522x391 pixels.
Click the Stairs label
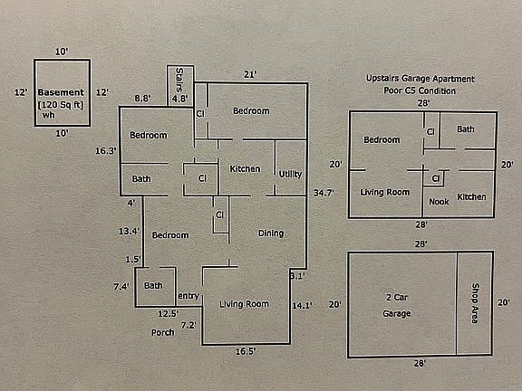[179, 80]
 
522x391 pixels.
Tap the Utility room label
[290, 174]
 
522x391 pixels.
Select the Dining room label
[271, 234]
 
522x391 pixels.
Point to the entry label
[188, 296]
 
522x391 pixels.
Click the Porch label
[163, 332]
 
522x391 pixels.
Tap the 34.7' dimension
[324, 193]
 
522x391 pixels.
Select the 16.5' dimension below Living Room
[246, 351]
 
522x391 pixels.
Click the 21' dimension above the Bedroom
[250, 74]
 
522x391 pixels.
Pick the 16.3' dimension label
[106, 151]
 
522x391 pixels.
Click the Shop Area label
[475, 303]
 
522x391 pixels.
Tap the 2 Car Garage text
[397, 305]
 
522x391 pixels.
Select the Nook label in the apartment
[439, 202]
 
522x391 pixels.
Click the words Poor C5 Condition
[420, 91]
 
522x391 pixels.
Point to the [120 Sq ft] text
[61, 105]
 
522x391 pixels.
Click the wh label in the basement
[49, 115]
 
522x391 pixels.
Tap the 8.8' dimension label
[143, 99]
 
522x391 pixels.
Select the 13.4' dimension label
[129, 231]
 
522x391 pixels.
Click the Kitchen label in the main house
[245, 169]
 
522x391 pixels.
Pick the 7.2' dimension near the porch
[188, 325]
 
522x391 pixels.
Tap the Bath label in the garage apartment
[466, 129]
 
